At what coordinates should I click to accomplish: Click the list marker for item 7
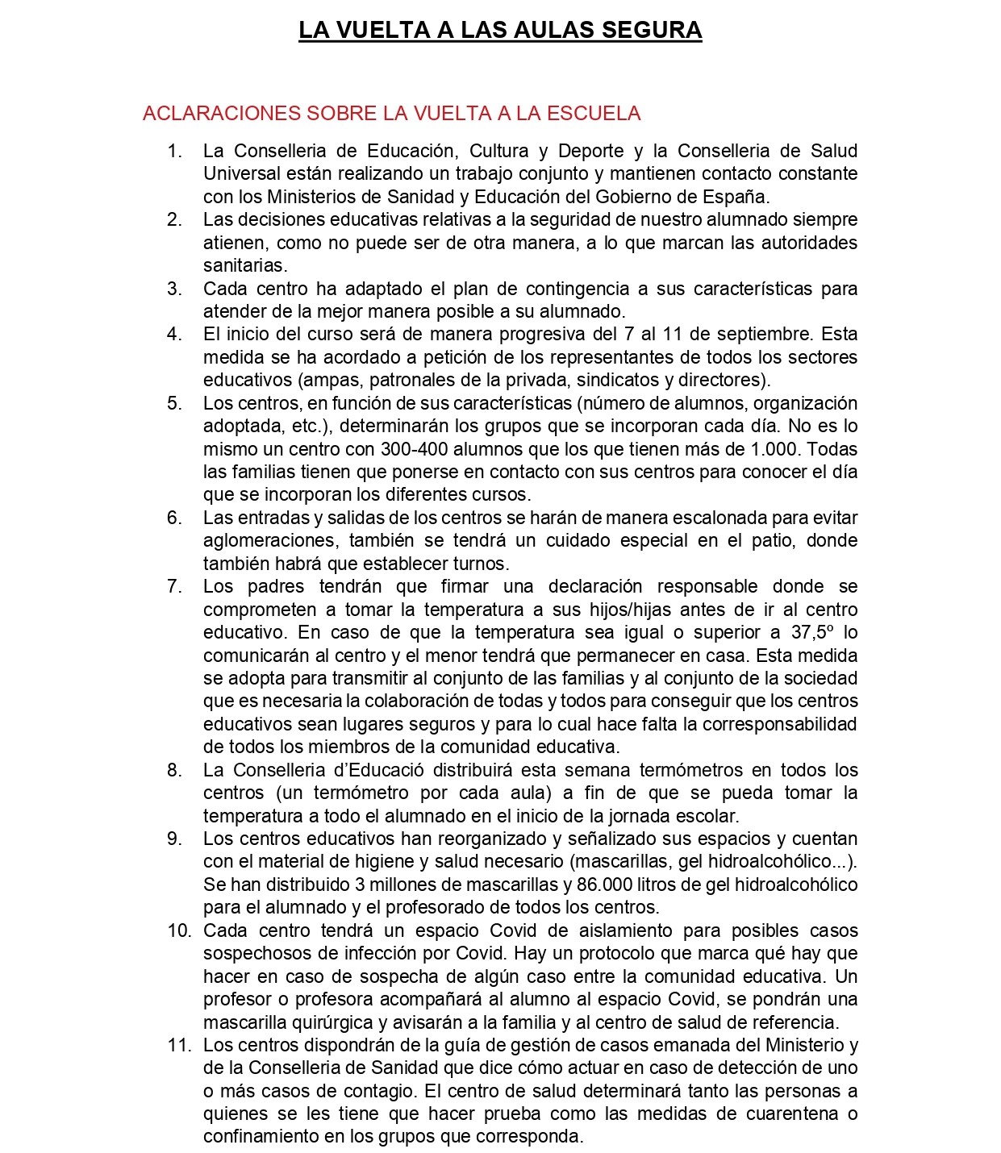(x=175, y=586)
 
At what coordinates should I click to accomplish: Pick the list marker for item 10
(x=179, y=930)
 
